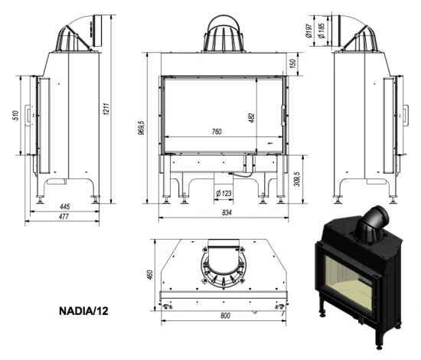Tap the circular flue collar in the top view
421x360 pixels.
[225, 268]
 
